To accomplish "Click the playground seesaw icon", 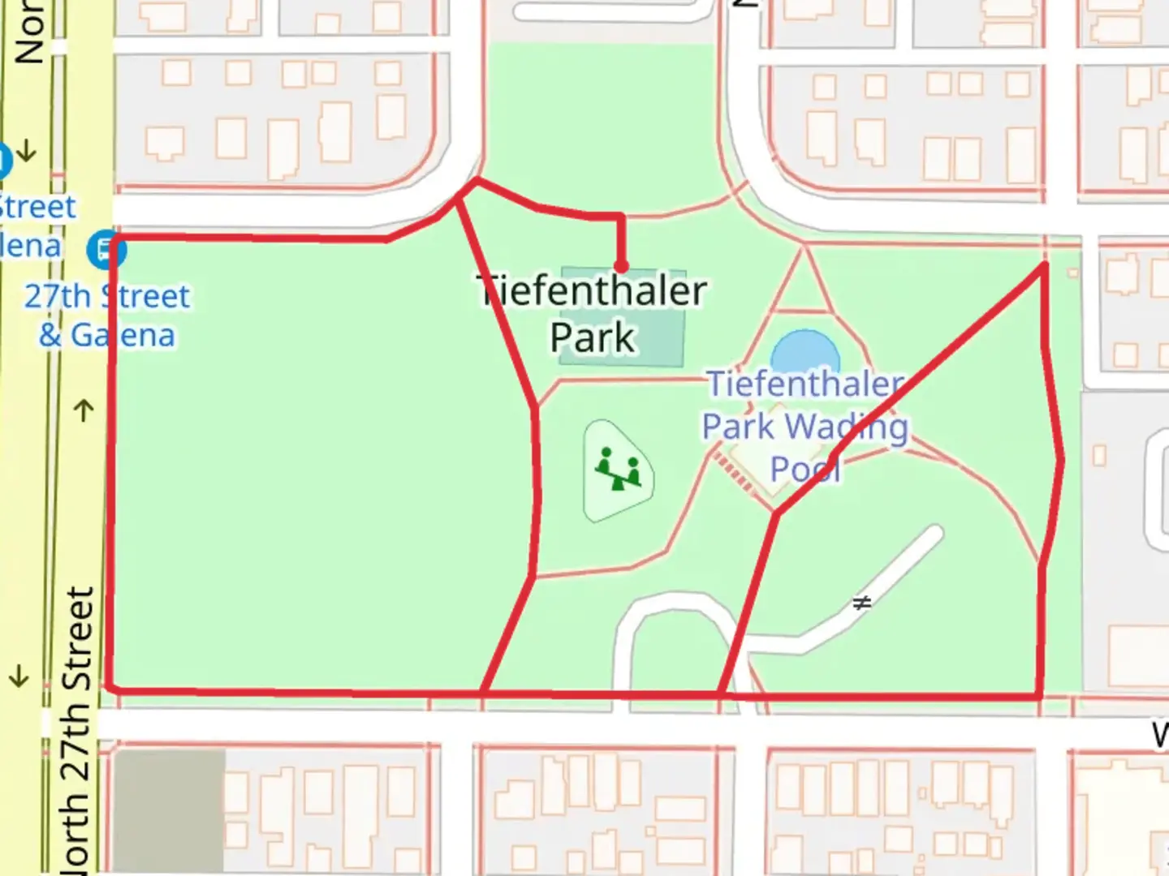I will [x=619, y=470].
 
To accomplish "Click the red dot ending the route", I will [x=621, y=266].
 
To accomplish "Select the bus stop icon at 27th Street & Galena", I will [x=106, y=249].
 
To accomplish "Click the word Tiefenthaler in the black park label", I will [x=592, y=291].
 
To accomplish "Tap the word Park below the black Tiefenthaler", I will [x=592, y=337].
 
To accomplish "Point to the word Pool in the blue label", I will [x=804, y=469].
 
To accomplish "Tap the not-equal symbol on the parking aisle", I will [x=861, y=603].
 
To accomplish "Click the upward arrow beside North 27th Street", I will [x=84, y=410].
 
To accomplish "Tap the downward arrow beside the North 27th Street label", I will [x=19, y=676].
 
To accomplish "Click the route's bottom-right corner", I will [x=1040, y=696].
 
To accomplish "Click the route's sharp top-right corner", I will [x=1044, y=264].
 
